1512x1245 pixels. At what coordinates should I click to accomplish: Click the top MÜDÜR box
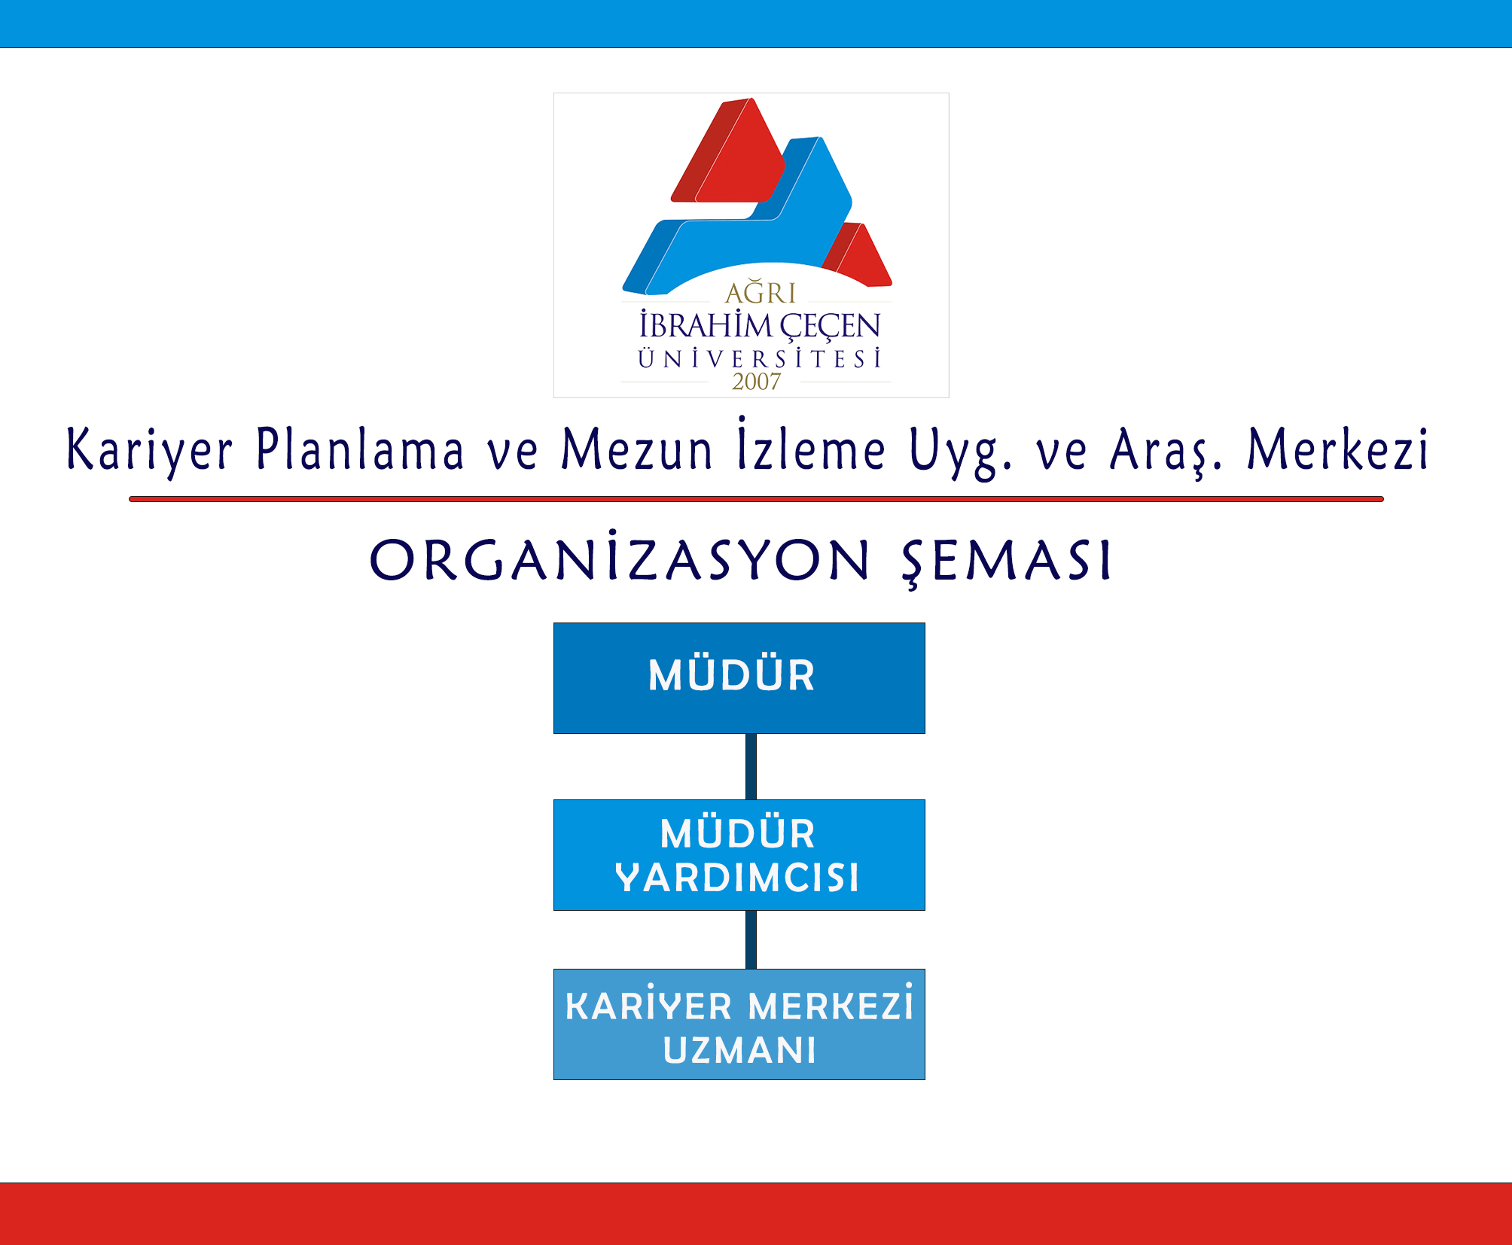(739, 677)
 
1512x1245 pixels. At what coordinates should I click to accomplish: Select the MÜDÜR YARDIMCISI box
(739, 854)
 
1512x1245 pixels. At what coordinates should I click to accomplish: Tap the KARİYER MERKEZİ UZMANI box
(739, 1024)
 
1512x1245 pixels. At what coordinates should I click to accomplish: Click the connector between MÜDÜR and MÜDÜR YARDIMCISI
(751, 766)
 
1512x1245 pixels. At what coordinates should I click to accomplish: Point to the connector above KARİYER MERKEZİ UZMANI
(751, 939)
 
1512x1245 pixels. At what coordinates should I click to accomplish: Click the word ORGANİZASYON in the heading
(620, 556)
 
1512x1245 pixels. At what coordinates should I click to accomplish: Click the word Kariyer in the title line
(149, 450)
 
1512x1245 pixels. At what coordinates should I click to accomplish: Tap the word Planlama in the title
(360, 449)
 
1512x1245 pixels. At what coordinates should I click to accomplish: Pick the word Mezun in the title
(636, 449)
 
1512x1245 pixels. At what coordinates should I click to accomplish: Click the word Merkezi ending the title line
(1337, 449)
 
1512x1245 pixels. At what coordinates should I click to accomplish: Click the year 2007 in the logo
(756, 382)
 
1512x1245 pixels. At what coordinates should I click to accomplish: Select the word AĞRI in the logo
(760, 291)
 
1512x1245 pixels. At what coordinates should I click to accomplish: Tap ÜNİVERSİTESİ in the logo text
(759, 358)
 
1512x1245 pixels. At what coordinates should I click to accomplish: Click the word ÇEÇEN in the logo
(830, 326)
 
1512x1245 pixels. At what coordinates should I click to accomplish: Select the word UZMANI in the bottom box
(739, 1050)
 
